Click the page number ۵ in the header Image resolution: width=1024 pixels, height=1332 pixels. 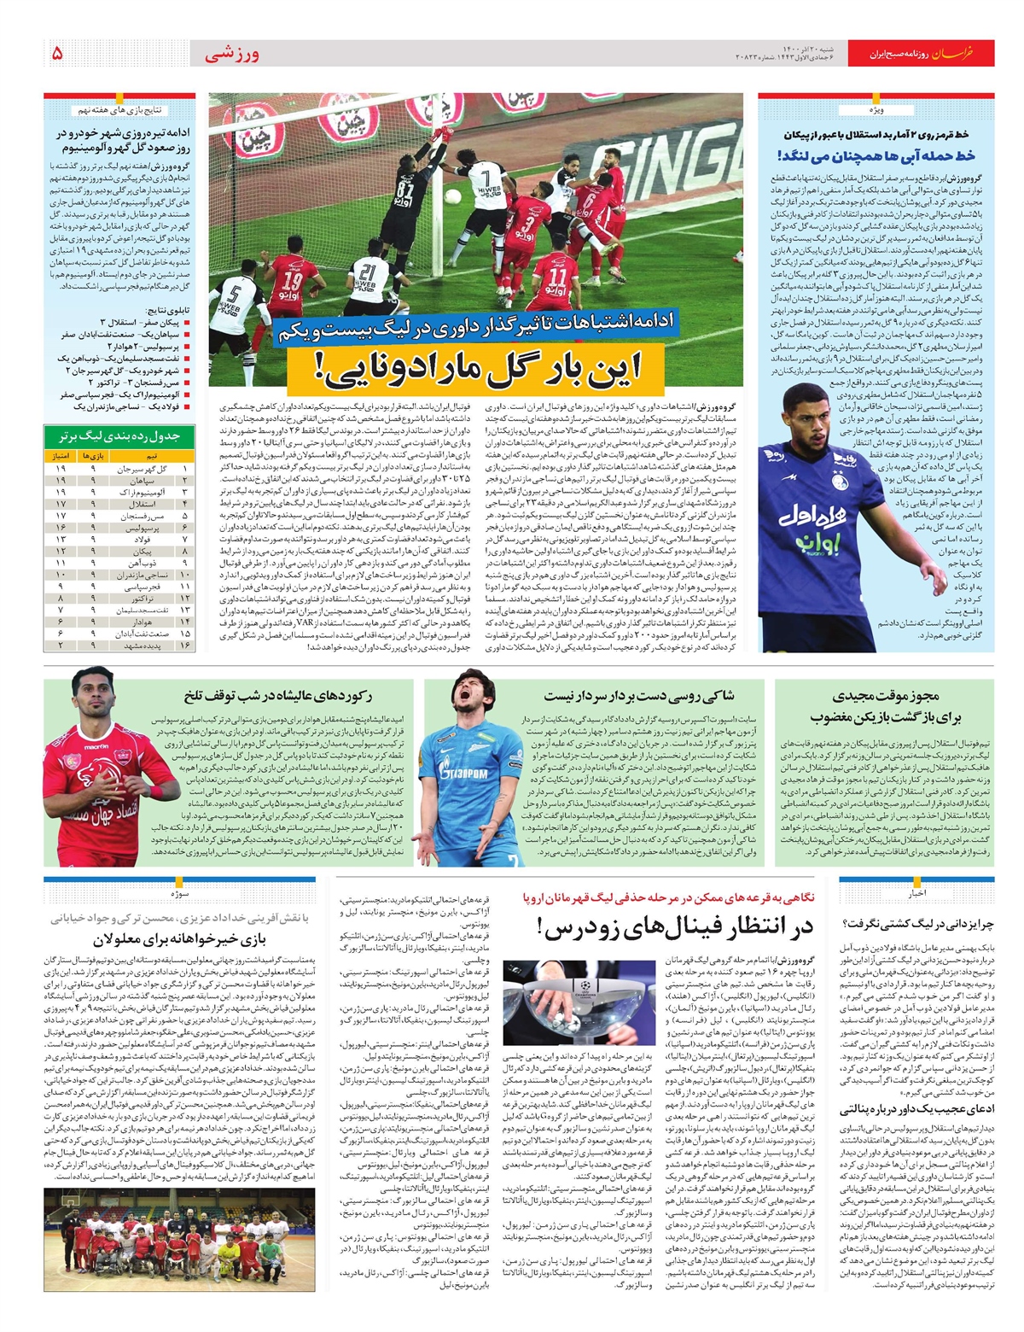click(56, 53)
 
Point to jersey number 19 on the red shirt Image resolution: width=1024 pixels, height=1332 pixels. click(293, 283)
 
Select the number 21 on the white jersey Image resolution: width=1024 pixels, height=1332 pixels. click(368, 274)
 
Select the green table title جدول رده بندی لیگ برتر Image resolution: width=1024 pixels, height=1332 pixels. click(119, 436)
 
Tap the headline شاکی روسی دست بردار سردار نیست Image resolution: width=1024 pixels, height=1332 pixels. click(638, 697)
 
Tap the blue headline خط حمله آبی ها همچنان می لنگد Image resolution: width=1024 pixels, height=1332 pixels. click(876, 155)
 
